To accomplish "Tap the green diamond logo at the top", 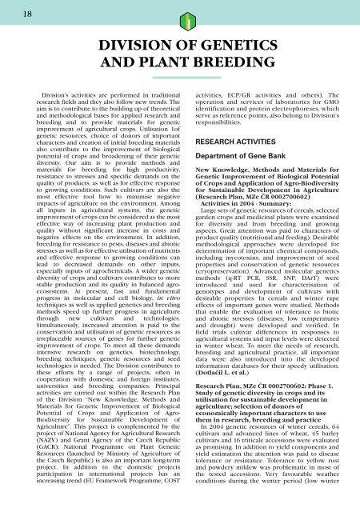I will (x=180, y=18).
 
